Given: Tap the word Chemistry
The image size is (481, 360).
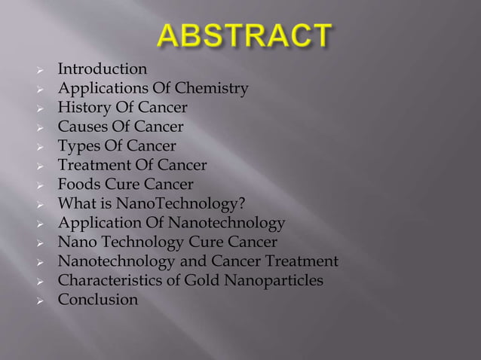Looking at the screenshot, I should [x=212, y=90].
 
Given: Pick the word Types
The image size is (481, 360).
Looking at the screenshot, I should [x=78, y=146].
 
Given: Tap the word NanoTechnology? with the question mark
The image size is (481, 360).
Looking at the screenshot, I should [x=197, y=203].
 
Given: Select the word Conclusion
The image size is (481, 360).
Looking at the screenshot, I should [x=98, y=300].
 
